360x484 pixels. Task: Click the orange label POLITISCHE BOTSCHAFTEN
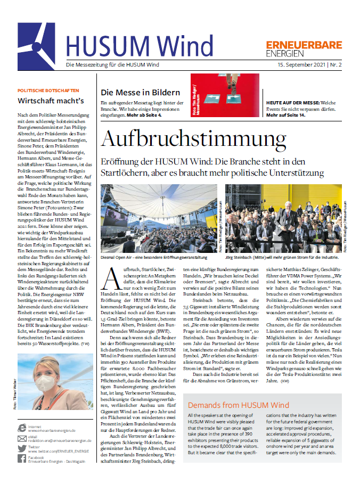point(48,91)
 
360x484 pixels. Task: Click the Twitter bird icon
point(22,447)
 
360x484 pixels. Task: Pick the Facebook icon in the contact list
point(22,460)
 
